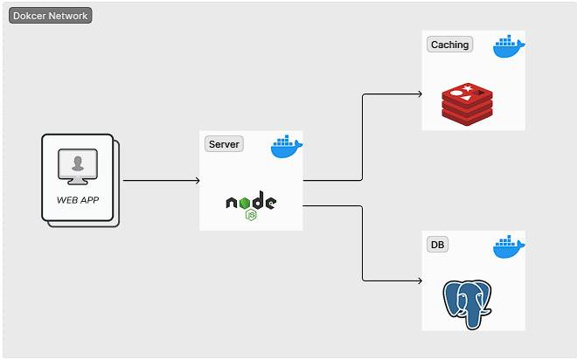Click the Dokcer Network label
click(x=50, y=16)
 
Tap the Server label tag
click(x=224, y=144)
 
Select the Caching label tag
click(x=449, y=45)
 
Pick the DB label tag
click(x=437, y=245)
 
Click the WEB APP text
click(x=78, y=199)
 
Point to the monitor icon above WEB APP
click(x=79, y=167)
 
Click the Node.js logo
click(x=251, y=205)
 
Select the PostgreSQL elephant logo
click(x=468, y=302)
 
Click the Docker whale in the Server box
click(x=286, y=148)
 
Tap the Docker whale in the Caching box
click(x=509, y=47)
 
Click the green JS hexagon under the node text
click(x=251, y=215)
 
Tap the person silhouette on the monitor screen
click(x=79, y=163)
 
